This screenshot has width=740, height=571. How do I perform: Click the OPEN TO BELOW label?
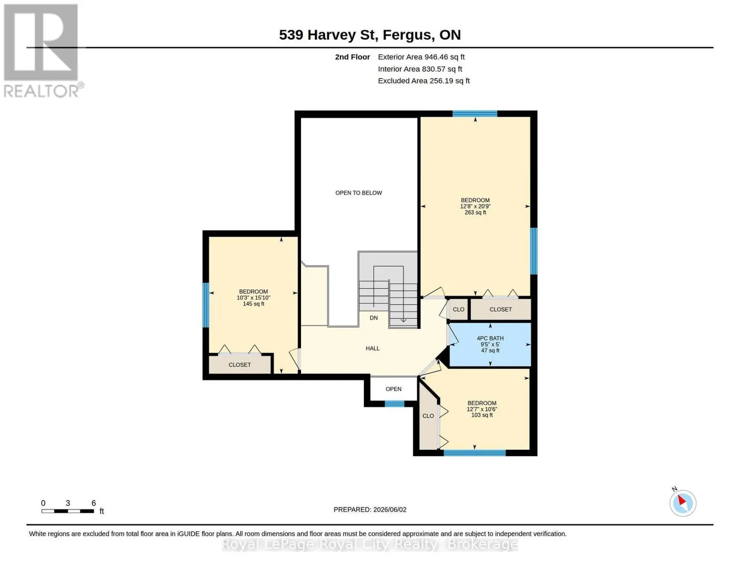(x=359, y=193)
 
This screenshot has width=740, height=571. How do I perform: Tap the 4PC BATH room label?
(x=490, y=338)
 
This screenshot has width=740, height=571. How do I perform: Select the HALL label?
(x=372, y=348)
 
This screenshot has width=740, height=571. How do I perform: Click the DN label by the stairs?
(x=374, y=318)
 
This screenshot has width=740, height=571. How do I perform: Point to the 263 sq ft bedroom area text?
(x=475, y=212)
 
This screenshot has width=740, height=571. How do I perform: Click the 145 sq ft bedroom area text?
(x=253, y=304)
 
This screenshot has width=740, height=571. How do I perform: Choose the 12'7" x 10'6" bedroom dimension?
(x=482, y=409)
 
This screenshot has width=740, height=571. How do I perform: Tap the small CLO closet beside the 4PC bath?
(x=459, y=309)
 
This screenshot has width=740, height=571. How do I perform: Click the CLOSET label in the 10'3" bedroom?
(x=240, y=365)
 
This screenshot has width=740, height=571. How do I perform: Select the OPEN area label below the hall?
(x=393, y=389)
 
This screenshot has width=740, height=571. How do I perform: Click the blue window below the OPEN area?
(x=394, y=404)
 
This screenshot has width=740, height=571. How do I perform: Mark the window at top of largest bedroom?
(x=475, y=114)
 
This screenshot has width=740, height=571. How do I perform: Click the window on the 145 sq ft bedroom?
(x=206, y=305)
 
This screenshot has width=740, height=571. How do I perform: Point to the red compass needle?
(x=682, y=500)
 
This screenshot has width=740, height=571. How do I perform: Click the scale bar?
(x=68, y=511)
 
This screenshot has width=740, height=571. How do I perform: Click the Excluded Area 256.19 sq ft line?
(x=424, y=81)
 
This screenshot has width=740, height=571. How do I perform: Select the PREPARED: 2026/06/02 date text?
(x=370, y=510)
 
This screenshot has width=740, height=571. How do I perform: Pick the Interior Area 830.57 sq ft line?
(x=420, y=69)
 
